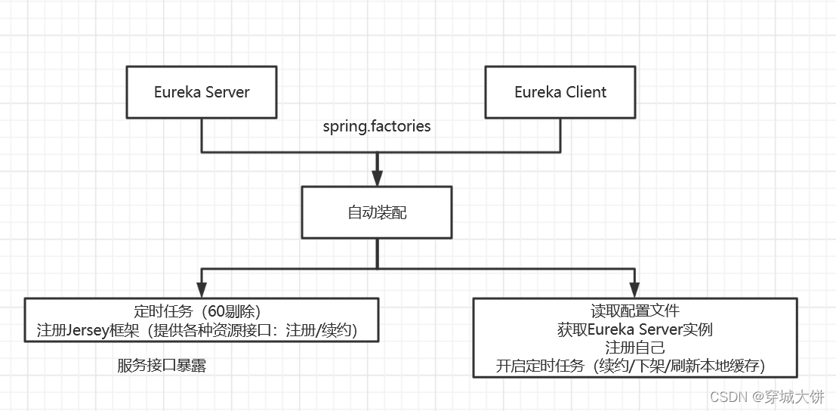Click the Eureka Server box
pos(202,92)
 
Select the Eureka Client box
pos(560,92)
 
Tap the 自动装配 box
pos(377,212)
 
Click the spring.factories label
pos(377,126)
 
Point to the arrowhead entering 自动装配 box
pos(377,179)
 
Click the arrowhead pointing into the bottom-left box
pos(201,289)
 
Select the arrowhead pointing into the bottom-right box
pos(634,289)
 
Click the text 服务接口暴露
pos(162,366)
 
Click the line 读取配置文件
pos(635,311)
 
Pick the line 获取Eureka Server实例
pos(635,329)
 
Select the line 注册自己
pos(635,348)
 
